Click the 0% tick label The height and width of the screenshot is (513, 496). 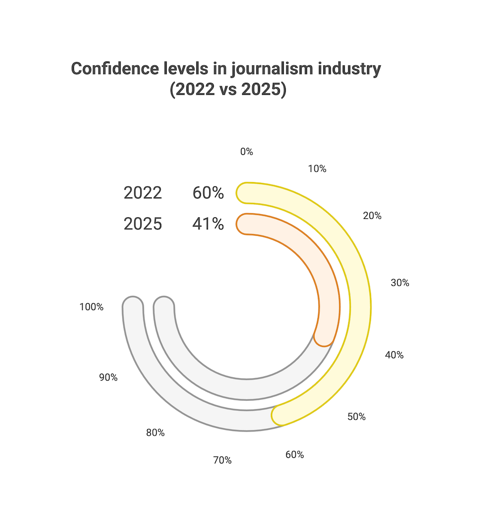click(247, 152)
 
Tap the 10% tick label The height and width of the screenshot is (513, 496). click(317, 169)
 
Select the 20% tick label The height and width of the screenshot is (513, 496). click(372, 216)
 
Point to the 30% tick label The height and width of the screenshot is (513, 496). click(400, 283)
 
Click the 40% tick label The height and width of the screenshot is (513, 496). click(394, 355)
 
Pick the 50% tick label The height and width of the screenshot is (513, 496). click(356, 417)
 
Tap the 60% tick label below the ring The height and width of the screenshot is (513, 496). click(295, 454)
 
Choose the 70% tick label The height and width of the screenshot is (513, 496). click(222, 460)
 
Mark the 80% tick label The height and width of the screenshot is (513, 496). click(155, 433)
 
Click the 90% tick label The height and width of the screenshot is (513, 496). click(108, 377)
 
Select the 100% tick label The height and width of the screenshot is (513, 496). click(91, 307)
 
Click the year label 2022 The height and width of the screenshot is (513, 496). click(143, 193)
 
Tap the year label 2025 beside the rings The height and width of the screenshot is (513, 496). click(143, 224)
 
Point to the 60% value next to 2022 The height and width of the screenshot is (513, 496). click(208, 193)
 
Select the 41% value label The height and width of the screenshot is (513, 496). click(208, 224)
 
